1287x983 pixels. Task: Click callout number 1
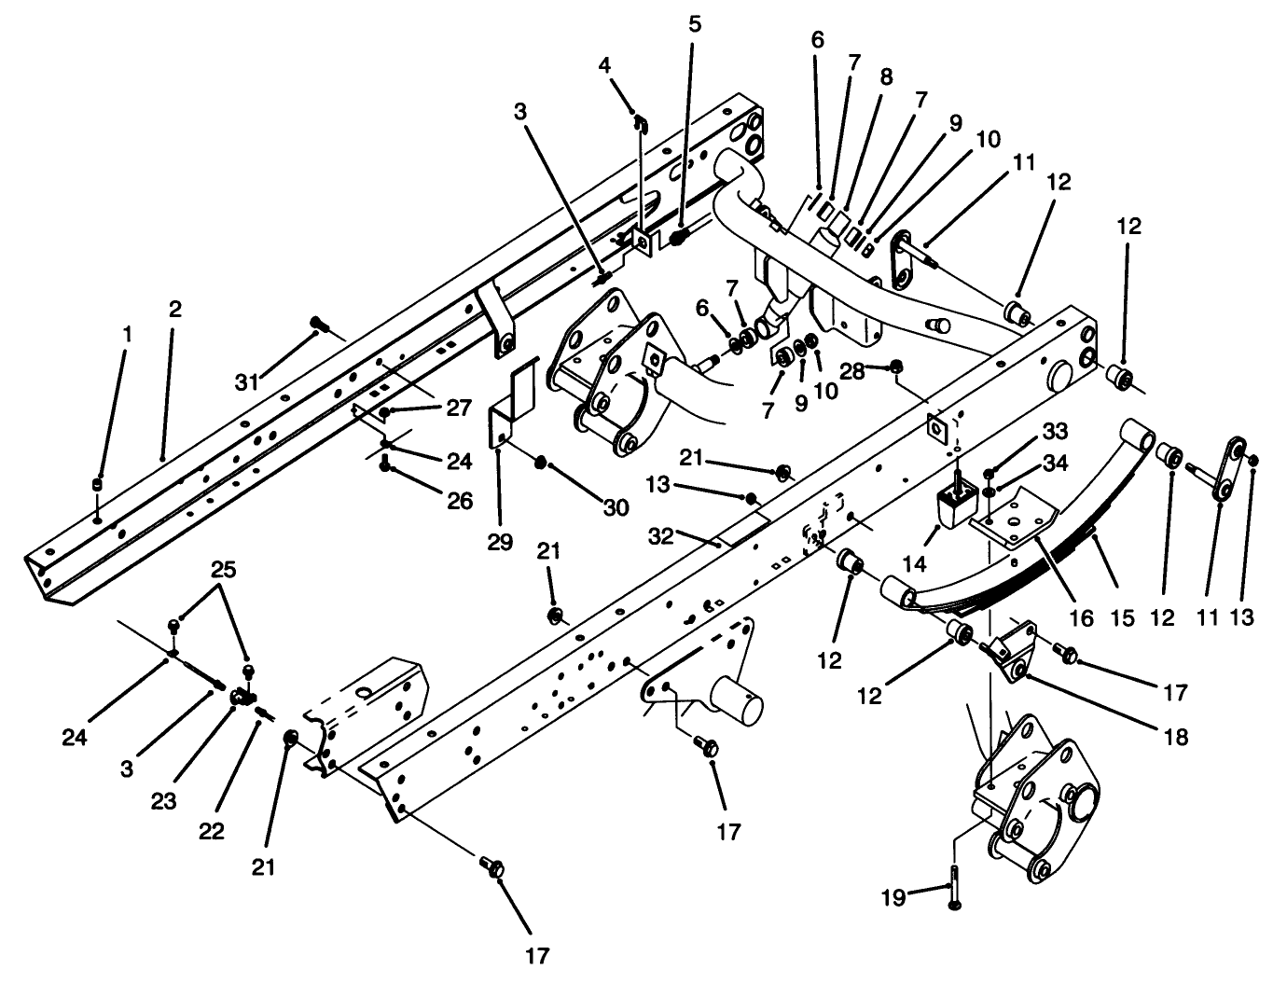128,333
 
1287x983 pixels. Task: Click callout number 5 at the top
695,23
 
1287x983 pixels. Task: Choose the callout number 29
500,542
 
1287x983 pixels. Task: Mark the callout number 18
1177,736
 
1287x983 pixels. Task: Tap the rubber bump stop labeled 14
953,509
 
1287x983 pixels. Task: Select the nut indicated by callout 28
898,365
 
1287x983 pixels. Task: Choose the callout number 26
459,501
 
